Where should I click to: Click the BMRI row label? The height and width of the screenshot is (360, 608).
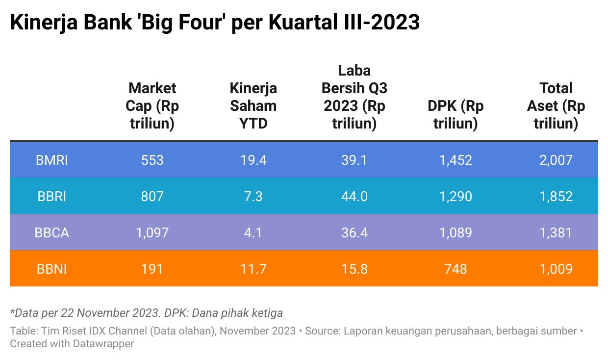pyautogui.click(x=52, y=160)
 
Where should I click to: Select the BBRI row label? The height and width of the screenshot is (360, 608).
pyautogui.click(x=52, y=196)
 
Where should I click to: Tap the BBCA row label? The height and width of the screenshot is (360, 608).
pyautogui.click(x=52, y=232)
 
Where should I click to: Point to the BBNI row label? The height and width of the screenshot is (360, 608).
pyautogui.click(x=52, y=269)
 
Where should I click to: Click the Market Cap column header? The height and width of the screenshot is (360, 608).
pyautogui.click(x=152, y=105)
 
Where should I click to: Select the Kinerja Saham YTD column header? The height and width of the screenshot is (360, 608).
pyautogui.click(x=253, y=105)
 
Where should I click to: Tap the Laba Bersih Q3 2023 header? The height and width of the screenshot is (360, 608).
pyautogui.click(x=354, y=97)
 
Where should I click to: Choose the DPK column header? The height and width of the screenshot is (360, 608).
pyautogui.click(x=456, y=114)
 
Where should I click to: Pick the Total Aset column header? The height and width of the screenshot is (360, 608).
pyautogui.click(x=556, y=105)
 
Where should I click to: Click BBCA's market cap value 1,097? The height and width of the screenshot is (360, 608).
pyautogui.click(x=152, y=232)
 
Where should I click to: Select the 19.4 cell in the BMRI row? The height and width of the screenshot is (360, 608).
pyautogui.click(x=253, y=160)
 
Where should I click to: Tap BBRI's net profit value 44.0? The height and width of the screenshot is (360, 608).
pyautogui.click(x=354, y=196)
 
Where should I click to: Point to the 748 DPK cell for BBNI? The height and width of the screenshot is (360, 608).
pyautogui.click(x=456, y=269)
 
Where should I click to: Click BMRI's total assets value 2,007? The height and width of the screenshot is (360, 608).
pyautogui.click(x=556, y=160)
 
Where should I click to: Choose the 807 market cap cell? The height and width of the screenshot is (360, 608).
pyautogui.click(x=152, y=196)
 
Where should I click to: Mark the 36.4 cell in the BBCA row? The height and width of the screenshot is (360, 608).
pyautogui.click(x=354, y=232)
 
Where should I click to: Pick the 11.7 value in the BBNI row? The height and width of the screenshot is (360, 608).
pyautogui.click(x=253, y=269)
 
